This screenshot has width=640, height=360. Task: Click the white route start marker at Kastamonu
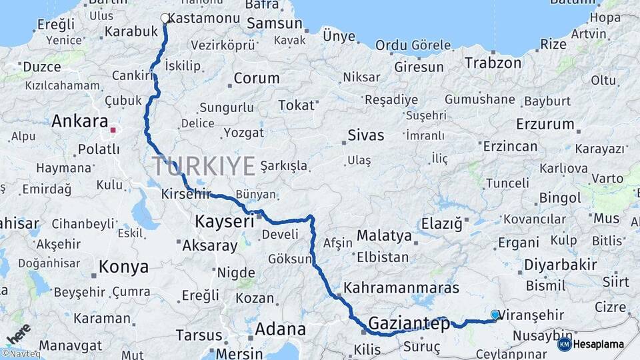click(165, 18)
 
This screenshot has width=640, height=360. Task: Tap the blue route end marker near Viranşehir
click(495, 314)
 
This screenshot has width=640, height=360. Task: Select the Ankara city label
click(79, 121)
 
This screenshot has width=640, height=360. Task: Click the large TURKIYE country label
click(203, 165)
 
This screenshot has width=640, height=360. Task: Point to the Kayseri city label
click(225, 221)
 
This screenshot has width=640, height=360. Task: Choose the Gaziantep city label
click(409, 325)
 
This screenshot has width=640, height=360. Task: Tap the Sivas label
click(366, 135)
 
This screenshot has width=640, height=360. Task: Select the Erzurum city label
click(545, 124)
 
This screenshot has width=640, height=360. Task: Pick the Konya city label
click(123, 267)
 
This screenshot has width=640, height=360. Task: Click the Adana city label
click(280, 329)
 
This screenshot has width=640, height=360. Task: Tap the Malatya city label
click(384, 235)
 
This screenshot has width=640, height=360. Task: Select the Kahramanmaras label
click(401, 288)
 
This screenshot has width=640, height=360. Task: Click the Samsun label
click(274, 24)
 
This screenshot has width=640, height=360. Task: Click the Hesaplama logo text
click(598, 345)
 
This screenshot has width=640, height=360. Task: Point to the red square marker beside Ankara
click(113, 131)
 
